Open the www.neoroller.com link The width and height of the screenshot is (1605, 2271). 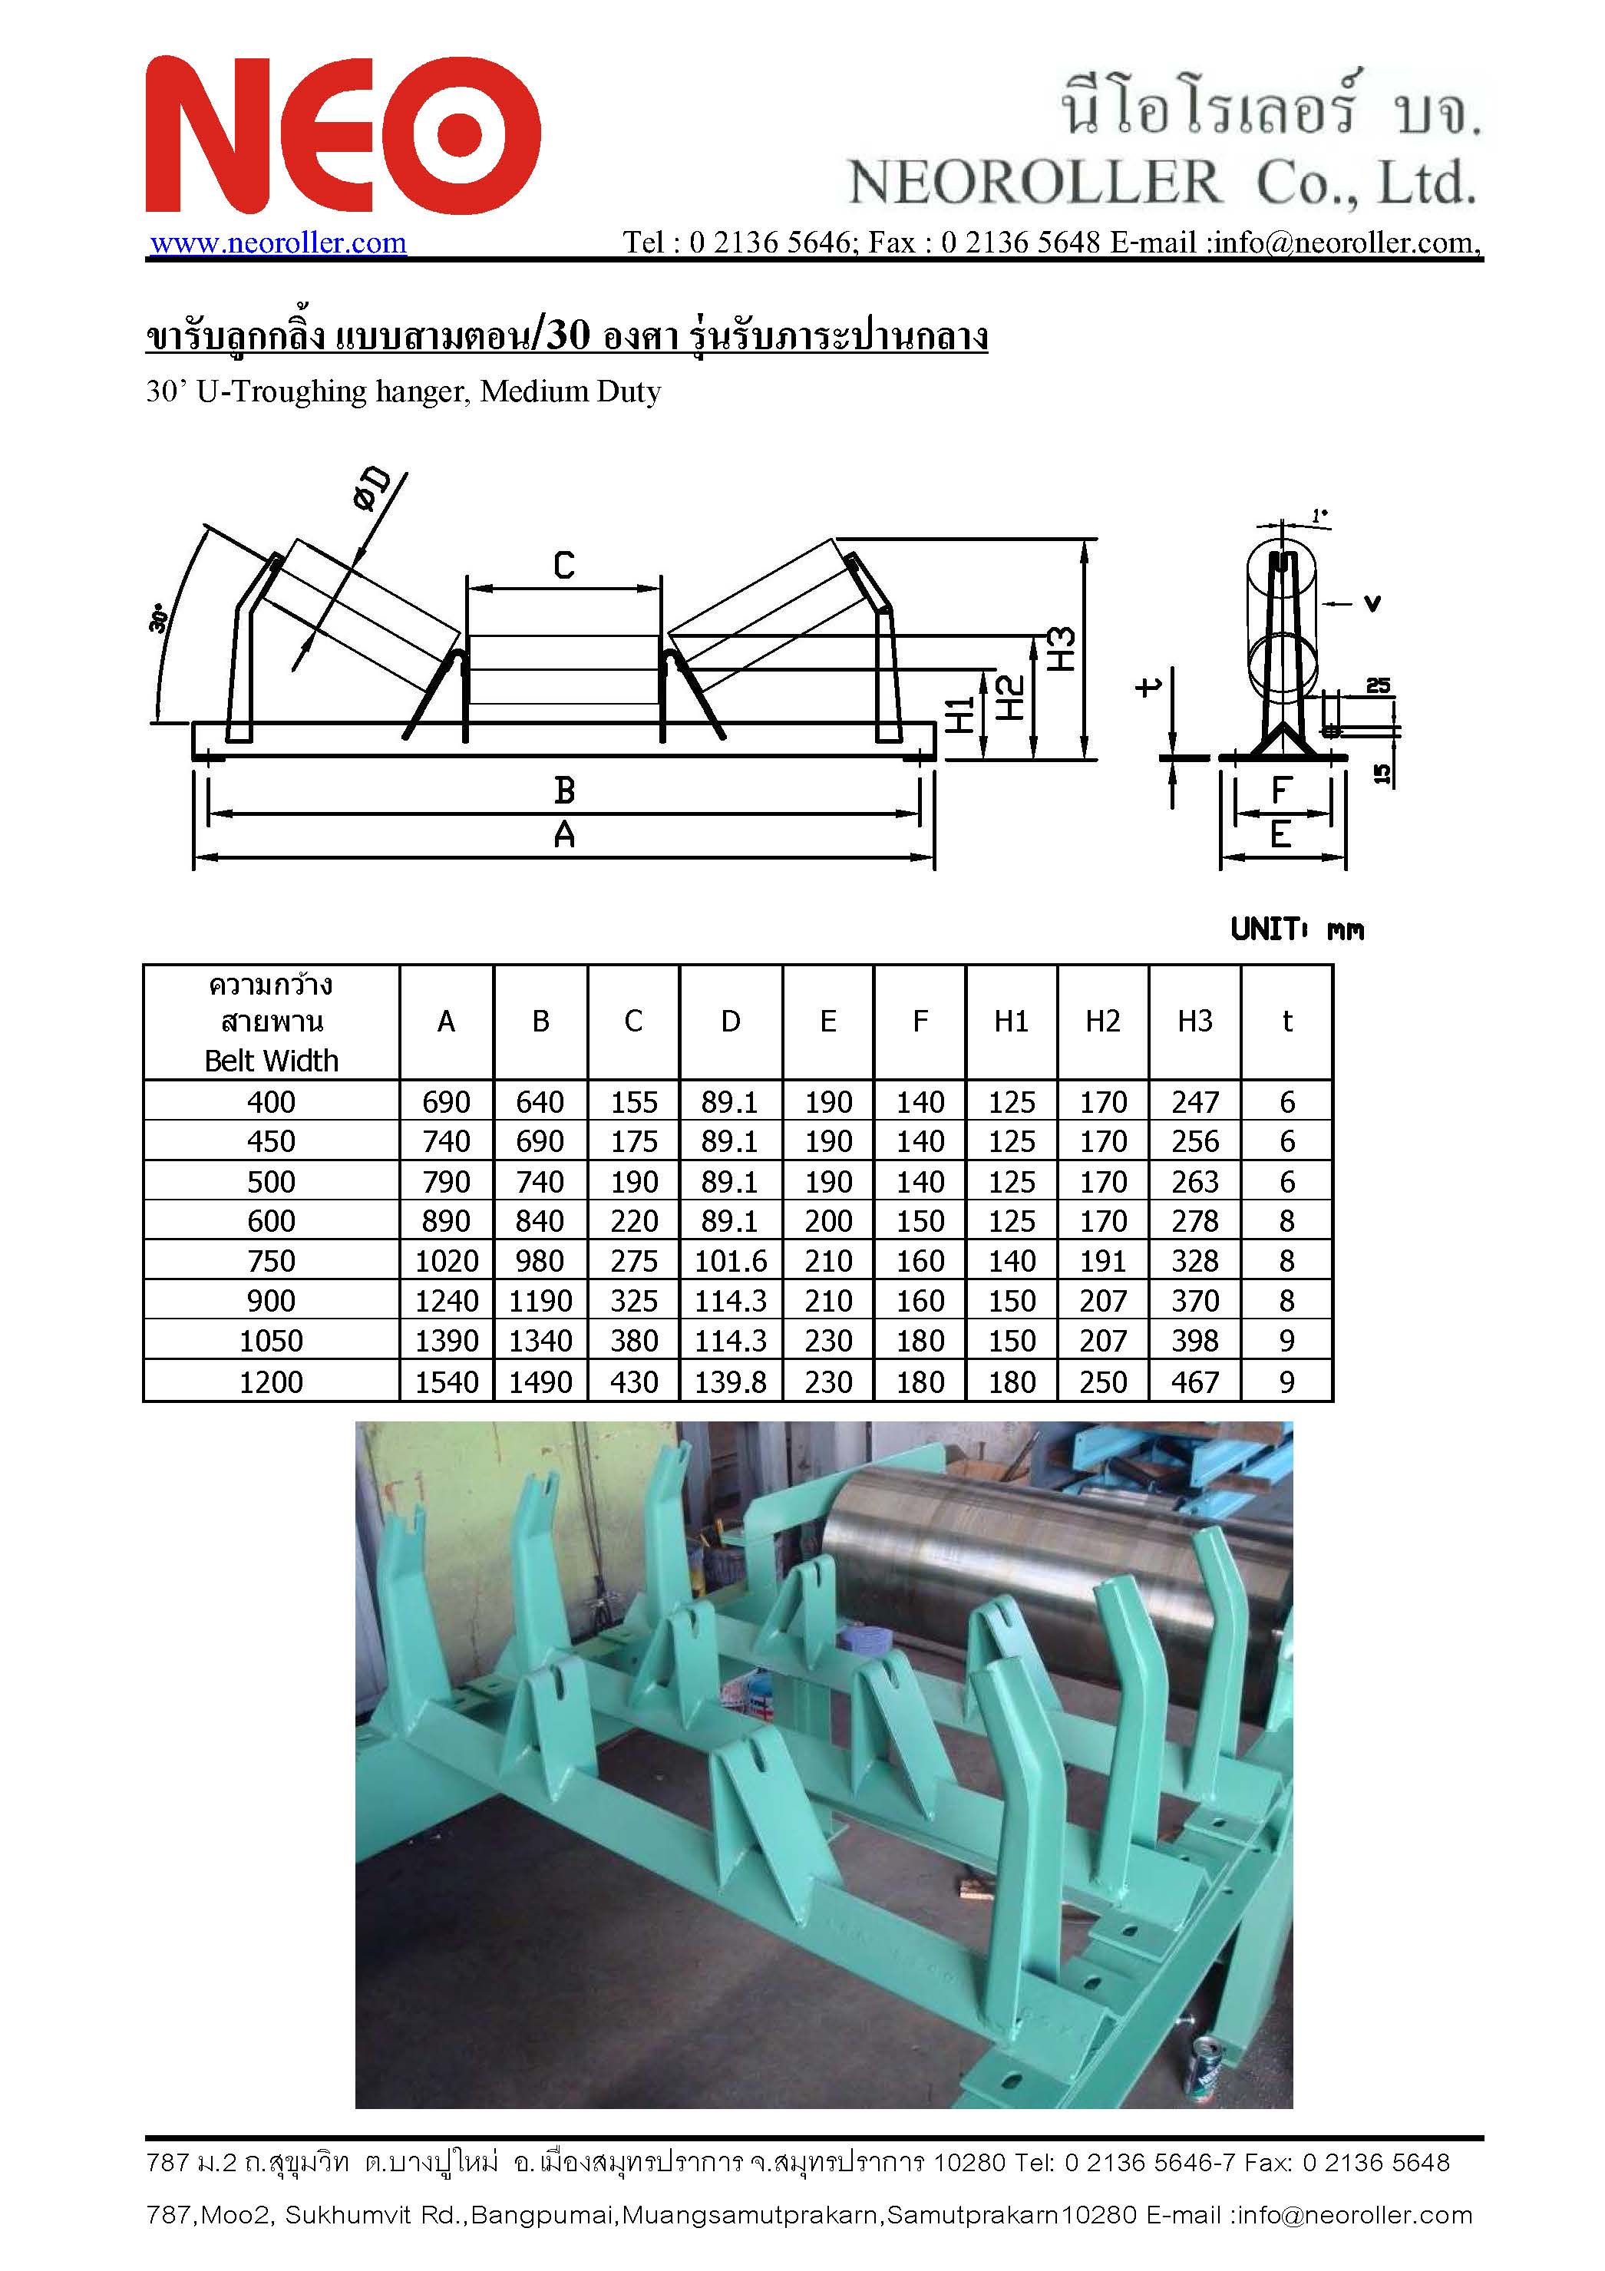click(x=278, y=243)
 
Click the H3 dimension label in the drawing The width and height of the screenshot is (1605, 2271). click(x=1061, y=649)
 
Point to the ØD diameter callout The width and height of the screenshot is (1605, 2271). click(x=371, y=490)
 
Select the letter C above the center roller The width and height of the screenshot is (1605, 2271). click(x=563, y=566)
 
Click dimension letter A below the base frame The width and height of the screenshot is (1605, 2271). click(x=564, y=837)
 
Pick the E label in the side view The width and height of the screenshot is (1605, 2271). click(x=1280, y=836)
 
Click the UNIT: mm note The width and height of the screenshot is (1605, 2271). click(x=1296, y=929)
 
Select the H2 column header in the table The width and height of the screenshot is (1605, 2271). click(x=1102, y=1022)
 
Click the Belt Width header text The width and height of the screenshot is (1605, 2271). click(x=271, y=1061)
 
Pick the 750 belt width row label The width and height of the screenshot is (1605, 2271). click(x=271, y=1261)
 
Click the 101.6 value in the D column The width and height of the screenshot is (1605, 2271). click(x=730, y=1261)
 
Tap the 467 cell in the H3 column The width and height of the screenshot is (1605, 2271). click(x=1194, y=1381)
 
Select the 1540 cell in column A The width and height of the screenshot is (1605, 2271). click(x=446, y=1381)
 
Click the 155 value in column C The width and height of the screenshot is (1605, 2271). click(x=633, y=1102)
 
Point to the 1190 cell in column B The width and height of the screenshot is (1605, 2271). click(x=540, y=1301)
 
